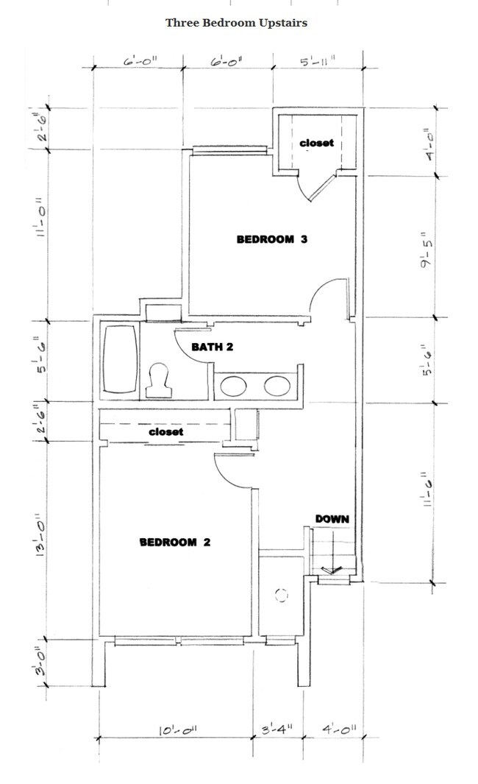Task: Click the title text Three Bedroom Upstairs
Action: click(236, 23)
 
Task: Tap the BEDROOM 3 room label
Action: click(271, 239)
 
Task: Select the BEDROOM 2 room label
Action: click(175, 543)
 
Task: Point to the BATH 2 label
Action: click(213, 347)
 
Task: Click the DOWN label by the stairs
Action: click(332, 519)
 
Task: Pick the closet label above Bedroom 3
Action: click(316, 143)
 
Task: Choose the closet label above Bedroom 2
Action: click(165, 432)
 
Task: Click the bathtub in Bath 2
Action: click(120, 359)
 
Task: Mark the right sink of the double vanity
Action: click(277, 384)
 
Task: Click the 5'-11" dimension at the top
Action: click(318, 63)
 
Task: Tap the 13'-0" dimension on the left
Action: click(41, 540)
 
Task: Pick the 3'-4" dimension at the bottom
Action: click(277, 730)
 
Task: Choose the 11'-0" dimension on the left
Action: click(41, 222)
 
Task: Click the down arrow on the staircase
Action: click(329, 568)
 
